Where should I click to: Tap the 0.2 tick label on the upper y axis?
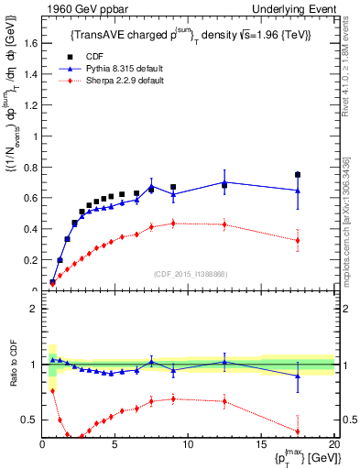pos(30,259)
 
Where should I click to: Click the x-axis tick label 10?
pos(188,444)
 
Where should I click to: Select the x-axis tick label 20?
pos(333,444)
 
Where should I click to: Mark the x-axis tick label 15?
pos(260,444)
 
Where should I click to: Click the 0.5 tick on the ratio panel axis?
pos(30,420)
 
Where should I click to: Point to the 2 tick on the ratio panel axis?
pos(34,309)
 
